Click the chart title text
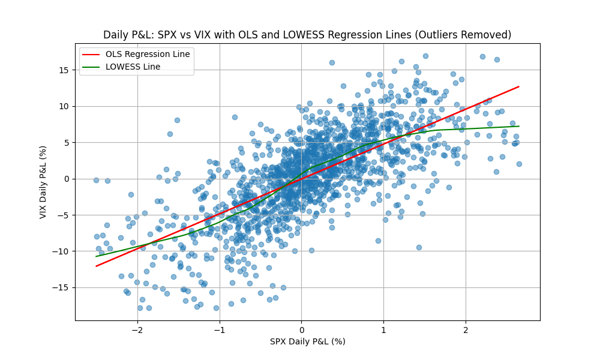[x=307, y=35]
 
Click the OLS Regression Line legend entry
[x=147, y=54]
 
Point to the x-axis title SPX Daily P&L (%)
[x=307, y=341]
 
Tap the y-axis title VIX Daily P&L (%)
[x=44, y=179]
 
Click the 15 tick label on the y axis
[x=64, y=70]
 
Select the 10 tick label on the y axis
[x=64, y=106]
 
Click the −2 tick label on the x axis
[x=137, y=329]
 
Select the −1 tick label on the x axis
[x=220, y=329]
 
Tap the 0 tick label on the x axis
[x=302, y=329]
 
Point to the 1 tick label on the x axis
[x=383, y=329]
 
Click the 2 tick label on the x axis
[x=466, y=329]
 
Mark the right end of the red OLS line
[x=518, y=86]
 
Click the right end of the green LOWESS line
[x=518, y=126]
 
